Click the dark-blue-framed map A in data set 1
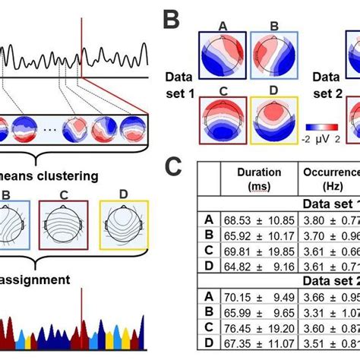[223, 55]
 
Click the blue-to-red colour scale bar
[325, 128]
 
